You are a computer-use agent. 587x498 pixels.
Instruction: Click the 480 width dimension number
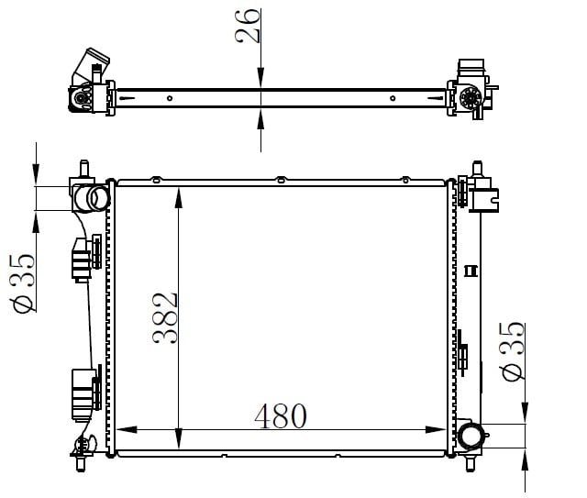point(281,416)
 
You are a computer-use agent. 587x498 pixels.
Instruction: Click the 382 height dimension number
point(165,318)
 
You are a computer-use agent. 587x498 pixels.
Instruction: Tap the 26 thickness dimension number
point(247,26)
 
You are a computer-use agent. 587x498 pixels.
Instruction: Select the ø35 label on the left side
point(23,282)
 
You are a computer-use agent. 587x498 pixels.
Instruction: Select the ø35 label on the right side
point(512,351)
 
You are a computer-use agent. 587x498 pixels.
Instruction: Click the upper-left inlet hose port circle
point(98,198)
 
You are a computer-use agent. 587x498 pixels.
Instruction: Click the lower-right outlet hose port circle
point(471,437)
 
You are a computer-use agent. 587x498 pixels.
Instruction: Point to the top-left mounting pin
point(84,168)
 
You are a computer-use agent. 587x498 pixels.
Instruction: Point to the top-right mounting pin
point(477,169)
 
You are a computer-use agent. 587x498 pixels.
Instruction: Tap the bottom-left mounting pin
point(80,463)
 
